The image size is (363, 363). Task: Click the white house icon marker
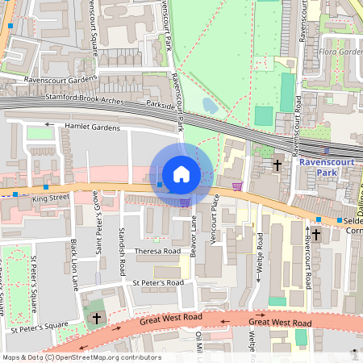(181, 174)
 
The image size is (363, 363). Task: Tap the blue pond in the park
(210, 106)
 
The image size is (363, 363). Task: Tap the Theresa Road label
(156, 251)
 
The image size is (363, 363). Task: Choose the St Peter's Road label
(158, 283)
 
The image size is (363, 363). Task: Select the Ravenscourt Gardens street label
(51, 80)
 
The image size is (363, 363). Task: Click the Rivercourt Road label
(309, 261)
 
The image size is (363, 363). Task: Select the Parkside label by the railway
(160, 103)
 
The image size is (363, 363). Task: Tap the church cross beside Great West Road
(97, 319)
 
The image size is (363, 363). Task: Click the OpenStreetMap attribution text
(81, 357)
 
